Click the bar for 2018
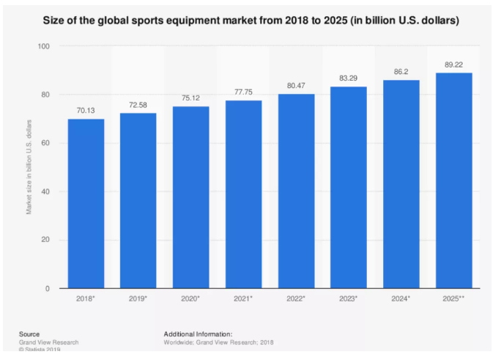click(x=86, y=203)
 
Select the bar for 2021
click(x=243, y=194)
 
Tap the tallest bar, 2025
click(x=453, y=180)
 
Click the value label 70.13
click(x=86, y=111)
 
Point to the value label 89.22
click(x=453, y=65)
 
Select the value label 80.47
click(x=296, y=86)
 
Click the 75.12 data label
click(x=190, y=99)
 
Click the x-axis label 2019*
click(x=138, y=300)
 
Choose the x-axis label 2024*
click(x=401, y=300)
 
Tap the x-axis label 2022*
click(x=296, y=300)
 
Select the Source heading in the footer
click(x=29, y=334)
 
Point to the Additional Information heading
click(x=198, y=334)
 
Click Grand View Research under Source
click(x=48, y=342)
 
